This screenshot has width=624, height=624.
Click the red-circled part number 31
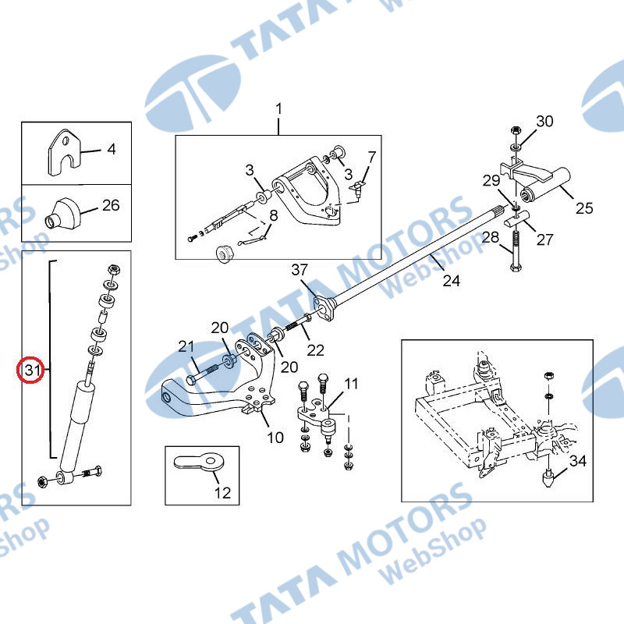coord(32,370)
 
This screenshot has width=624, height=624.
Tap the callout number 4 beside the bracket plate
coord(112,149)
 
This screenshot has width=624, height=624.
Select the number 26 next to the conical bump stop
coord(111,205)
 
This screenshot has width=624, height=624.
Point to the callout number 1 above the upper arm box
coord(278,108)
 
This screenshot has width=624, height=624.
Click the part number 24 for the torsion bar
coord(452,281)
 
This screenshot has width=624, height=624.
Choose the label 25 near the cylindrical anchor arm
coord(584,208)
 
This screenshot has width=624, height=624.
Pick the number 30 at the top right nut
coord(544,121)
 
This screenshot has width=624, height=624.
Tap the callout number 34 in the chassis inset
coord(578,461)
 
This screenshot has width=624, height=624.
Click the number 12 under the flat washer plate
coord(222,493)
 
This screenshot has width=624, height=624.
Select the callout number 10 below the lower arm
coord(275,438)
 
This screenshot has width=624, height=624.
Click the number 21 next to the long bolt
coord(186,346)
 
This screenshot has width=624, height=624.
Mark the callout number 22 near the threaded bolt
coord(315,350)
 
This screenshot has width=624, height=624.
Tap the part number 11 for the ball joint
coord(351,384)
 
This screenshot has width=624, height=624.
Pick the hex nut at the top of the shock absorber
coord(114,269)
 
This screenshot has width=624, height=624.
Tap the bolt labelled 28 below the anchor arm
coord(516,251)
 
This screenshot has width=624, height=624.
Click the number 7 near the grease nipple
coord(372,158)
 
